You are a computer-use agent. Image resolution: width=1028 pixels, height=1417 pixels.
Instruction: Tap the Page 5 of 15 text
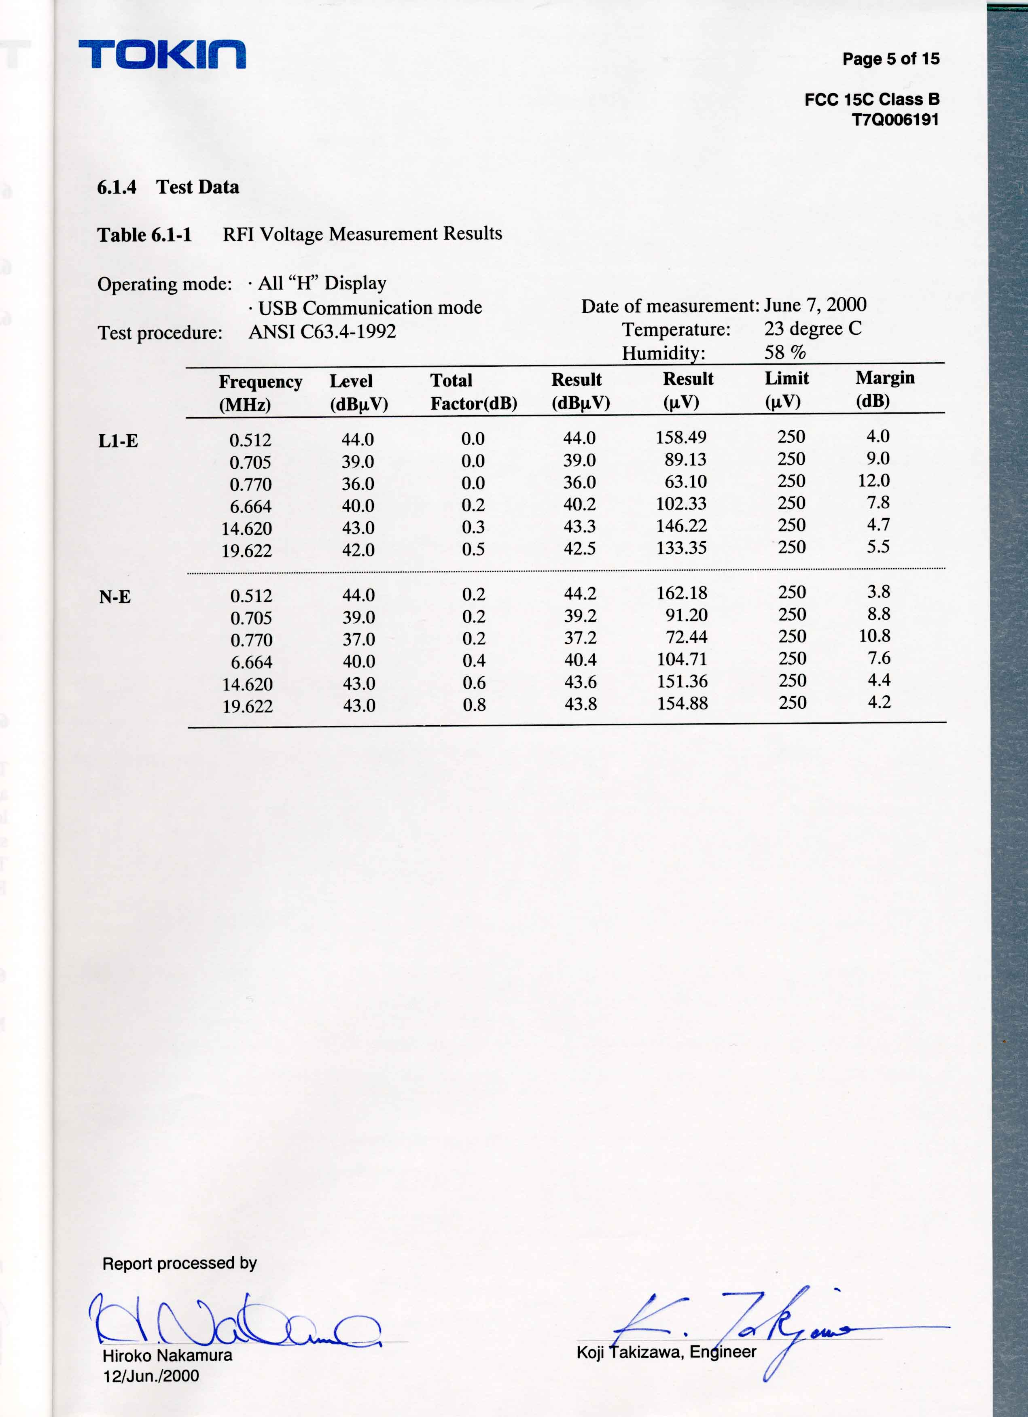click(x=890, y=59)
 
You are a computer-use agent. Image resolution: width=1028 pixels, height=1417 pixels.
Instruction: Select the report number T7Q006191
click(x=895, y=119)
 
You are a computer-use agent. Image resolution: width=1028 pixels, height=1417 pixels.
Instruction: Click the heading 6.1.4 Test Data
click(x=168, y=187)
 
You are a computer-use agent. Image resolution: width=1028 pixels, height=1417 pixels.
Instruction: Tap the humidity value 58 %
click(x=784, y=353)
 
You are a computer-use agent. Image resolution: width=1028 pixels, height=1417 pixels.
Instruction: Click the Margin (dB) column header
click(x=884, y=389)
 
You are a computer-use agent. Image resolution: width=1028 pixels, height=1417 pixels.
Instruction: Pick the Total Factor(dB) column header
click(x=473, y=392)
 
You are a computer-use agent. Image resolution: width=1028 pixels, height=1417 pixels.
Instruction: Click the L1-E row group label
click(x=118, y=441)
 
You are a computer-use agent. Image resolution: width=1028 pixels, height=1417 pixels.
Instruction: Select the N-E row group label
click(x=115, y=597)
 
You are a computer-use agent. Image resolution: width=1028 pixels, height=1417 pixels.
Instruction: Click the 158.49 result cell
click(x=681, y=438)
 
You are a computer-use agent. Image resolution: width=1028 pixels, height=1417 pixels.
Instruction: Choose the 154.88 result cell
click(x=682, y=703)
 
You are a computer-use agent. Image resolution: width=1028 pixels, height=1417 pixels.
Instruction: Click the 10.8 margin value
click(x=874, y=636)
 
